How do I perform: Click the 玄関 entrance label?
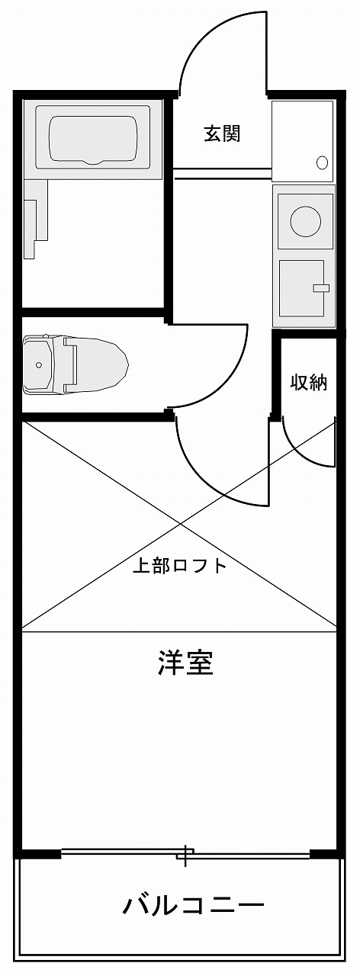click(222, 133)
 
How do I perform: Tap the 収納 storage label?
click(309, 382)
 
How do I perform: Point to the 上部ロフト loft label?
click(179, 566)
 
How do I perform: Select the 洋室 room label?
click(185, 663)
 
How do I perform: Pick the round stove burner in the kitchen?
click(305, 220)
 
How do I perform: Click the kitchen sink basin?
click(301, 289)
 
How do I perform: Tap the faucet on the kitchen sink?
click(322, 287)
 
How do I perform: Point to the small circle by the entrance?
click(323, 162)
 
